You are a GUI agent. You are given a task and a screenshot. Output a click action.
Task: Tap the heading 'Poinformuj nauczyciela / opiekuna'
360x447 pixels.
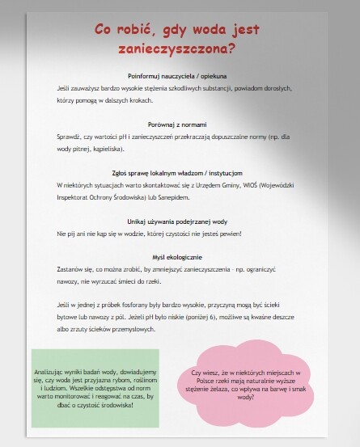click(177, 75)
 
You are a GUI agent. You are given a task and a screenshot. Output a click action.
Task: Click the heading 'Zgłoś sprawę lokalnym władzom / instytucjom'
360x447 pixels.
click(177, 172)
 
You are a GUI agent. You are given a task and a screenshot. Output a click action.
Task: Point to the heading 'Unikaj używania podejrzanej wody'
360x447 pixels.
click(177, 221)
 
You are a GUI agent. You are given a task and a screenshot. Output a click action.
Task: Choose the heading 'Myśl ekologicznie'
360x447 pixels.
click(177, 256)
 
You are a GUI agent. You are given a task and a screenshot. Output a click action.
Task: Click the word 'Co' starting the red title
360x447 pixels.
click(104, 30)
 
